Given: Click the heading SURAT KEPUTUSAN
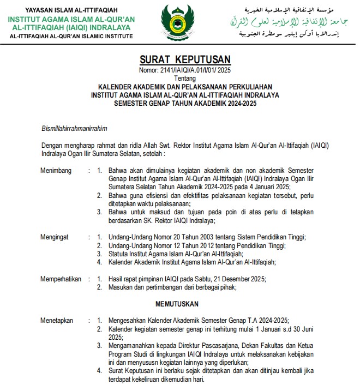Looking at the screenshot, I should pyautogui.click(x=185, y=59).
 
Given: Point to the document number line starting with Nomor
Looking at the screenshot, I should pyautogui.click(x=185, y=70).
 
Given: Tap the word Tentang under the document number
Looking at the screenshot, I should pyautogui.click(x=185, y=78).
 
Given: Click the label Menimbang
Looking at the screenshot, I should pyautogui.click(x=56, y=171).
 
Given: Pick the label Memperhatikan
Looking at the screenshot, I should pyautogui.click(x=61, y=279).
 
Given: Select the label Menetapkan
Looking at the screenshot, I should pyautogui.click(x=57, y=321).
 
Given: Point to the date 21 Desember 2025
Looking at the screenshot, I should pyautogui.click(x=238, y=279).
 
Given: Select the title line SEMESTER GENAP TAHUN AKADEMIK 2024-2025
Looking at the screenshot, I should pyautogui.click(x=185, y=103).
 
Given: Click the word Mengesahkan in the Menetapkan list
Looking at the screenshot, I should pyautogui.click(x=130, y=321).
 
